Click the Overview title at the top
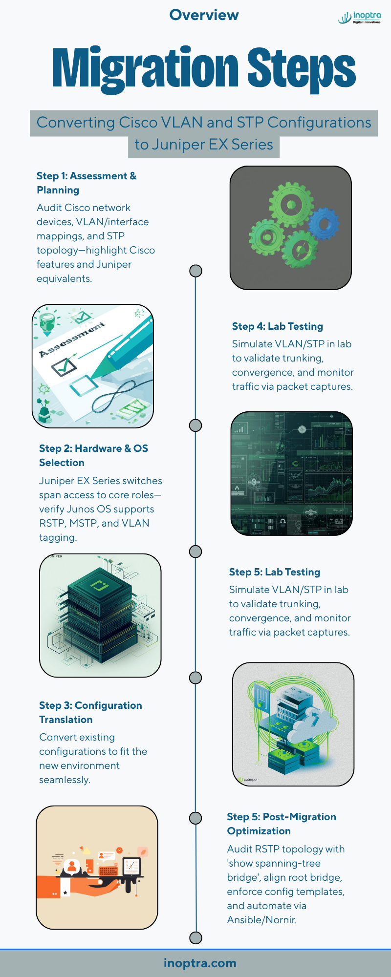point(204,15)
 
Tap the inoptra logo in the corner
point(360,18)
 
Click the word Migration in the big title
point(145,69)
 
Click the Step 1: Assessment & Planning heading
point(87,183)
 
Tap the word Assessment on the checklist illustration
point(72,340)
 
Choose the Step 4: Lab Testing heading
point(278,326)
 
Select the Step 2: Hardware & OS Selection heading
point(93,455)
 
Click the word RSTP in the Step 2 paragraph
point(52,523)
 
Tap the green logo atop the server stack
point(100,584)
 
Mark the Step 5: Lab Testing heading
point(275,572)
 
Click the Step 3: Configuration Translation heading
point(90,712)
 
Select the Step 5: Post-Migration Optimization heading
point(282,824)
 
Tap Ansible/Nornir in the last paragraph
point(261,920)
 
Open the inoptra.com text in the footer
point(200,963)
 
